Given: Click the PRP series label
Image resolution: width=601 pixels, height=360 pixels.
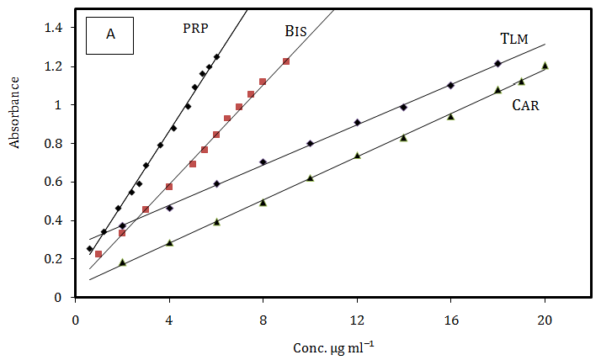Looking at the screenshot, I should [195, 28].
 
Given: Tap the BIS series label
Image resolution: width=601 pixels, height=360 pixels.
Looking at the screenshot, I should [295, 32].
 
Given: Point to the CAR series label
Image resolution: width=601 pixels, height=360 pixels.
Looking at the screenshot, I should [526, 106].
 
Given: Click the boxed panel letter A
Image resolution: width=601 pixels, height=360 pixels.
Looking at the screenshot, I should [110, 34].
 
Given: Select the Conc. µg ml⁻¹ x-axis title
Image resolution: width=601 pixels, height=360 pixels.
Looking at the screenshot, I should [334, 347].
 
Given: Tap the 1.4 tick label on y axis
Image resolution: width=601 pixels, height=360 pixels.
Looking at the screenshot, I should [54, 28].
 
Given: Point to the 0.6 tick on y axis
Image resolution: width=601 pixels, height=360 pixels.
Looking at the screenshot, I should [54, 182].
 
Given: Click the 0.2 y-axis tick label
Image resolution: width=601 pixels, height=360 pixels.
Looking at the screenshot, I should [54, 259].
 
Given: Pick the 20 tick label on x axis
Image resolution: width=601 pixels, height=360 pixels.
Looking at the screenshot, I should [545, 320].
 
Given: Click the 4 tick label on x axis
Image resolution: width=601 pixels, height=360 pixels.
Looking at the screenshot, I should [169, 320].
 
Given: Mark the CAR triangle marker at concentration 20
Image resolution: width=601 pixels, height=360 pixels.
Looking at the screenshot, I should [545, 65].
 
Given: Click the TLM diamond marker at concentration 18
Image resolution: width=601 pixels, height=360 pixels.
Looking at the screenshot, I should [497, 64].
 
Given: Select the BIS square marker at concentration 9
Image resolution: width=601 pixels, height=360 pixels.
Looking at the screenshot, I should [286, 61].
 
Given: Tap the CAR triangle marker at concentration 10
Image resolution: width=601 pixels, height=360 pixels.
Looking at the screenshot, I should [310, 177].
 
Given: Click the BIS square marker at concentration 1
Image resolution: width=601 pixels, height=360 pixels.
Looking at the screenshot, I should [98, 254].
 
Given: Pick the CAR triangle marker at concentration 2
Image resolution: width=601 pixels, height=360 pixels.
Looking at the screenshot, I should [122, 262].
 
